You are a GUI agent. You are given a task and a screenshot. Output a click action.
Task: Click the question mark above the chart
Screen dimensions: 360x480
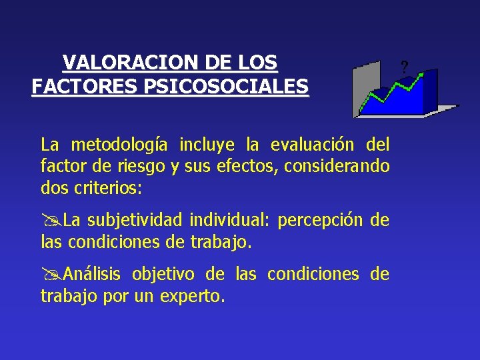click(x=404, y=67)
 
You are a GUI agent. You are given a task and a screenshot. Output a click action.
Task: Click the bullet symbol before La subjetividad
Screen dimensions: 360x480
click(x=47, y=221)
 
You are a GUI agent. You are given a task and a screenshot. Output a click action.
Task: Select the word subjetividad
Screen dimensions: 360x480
click(x=137, y=221)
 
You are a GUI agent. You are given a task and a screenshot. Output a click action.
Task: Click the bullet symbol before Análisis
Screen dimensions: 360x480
click(x=47, y=275)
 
